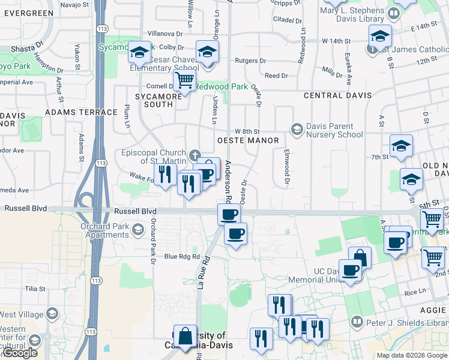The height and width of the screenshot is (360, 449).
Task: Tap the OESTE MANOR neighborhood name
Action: [x=248, y=140]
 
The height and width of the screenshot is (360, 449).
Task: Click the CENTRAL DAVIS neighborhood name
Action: [x=338, y=95]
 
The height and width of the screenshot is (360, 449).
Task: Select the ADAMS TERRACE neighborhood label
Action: [x=81, y=112]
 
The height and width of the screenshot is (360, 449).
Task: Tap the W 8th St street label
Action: [x=247, y=131]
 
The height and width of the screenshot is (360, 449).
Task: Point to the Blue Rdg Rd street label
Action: [x=182, y=256]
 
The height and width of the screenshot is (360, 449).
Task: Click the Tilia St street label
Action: [x=35, y=289]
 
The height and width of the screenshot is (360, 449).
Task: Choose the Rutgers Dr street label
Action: [x=251, y=61]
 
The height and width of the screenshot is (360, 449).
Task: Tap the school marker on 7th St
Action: [x=401, y=145]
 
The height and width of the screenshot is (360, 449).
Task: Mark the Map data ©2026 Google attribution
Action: [x=411, y=355]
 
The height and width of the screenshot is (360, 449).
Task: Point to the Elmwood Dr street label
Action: [x=287, y=166]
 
